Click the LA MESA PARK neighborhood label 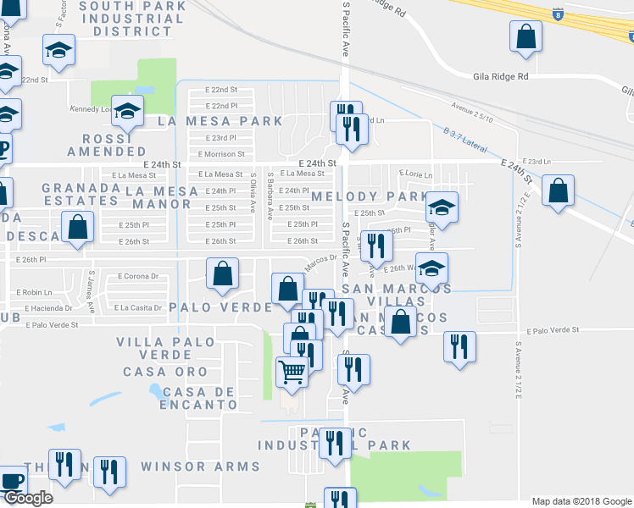[x=220, y=121]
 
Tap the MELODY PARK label [x=370, y=196]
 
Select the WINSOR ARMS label [x=200, y=467]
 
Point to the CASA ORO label [x=165, y=372]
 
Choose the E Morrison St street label [x=220, y=154]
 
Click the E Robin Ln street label [x=33, y=292]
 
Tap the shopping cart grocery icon [x=292, y=370]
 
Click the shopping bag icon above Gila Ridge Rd [x=526, y=36]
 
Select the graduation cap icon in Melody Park [x=441, y=206]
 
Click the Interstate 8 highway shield [x=556, y=14]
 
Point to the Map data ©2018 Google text [x=581, y=501]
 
